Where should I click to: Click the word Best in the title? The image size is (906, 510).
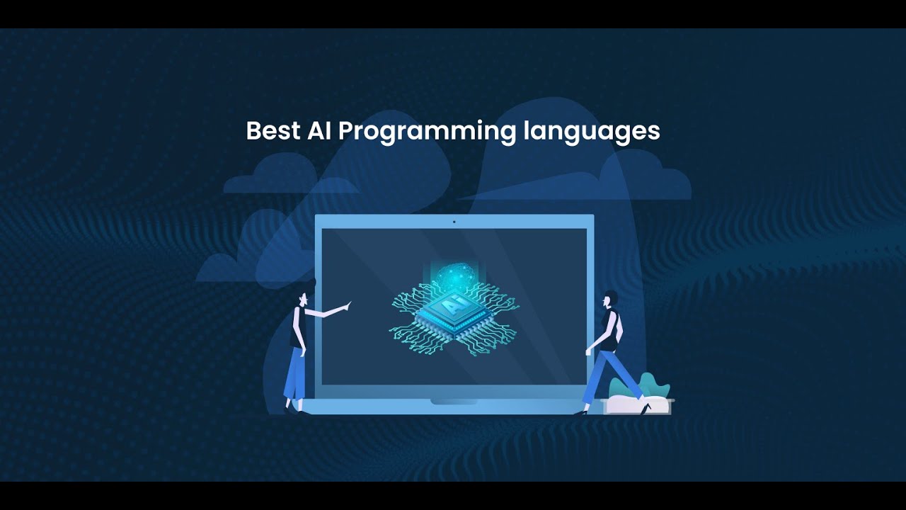272,131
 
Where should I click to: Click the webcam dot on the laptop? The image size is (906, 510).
454,222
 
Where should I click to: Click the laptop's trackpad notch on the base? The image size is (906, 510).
454,402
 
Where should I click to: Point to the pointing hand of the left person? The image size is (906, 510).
346,305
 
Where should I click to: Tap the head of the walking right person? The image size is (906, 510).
609,299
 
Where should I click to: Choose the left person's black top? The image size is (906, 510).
298,327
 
